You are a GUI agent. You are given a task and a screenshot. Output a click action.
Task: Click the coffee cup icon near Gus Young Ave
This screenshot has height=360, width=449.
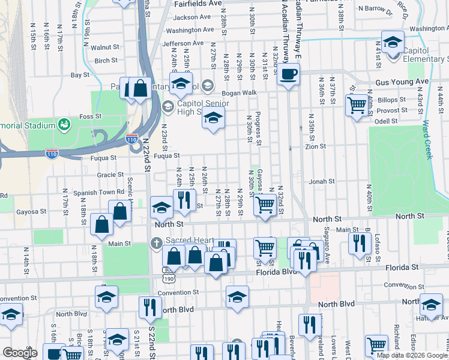(289, 74)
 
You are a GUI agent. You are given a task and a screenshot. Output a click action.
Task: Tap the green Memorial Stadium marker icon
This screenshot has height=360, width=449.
(62, 124)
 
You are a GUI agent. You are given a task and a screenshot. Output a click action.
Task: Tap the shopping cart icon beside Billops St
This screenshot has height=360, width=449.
(357, 105)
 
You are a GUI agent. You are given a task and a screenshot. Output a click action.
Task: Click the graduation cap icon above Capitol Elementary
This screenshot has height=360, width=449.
(393, 42)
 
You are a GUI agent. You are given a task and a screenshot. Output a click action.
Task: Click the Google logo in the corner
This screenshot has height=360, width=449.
(20, 353)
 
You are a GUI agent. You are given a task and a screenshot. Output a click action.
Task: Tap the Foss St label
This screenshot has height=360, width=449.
(90, 116)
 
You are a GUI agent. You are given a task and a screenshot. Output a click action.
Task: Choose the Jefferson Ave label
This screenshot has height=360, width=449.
(187, 44)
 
